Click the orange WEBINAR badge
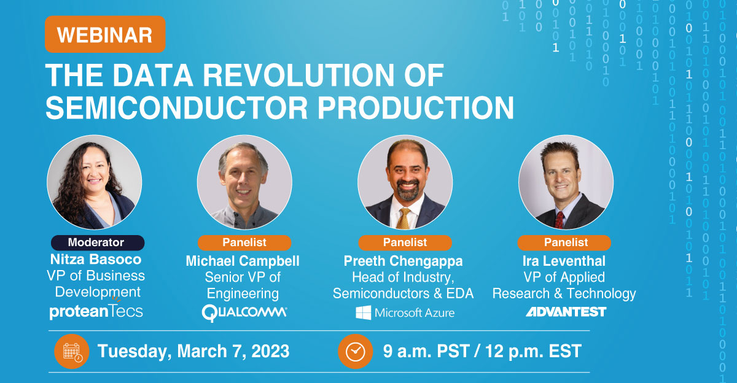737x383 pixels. tap(105, 34)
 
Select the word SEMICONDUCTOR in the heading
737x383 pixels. tap(177, 108)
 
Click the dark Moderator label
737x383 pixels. tap(98, 242)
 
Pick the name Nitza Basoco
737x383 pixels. tap(96, 260)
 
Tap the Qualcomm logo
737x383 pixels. tap(244, 312)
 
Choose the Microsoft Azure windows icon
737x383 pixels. tap(363, 312)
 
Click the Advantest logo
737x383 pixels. tap(566, 312)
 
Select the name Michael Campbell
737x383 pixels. tap(243, 261)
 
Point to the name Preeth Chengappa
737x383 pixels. tap(404, 261)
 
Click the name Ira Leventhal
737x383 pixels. tap(564, 261)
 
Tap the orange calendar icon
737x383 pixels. tap(72, 352)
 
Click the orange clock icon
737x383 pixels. tap(356, 352)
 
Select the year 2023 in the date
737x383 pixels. tap(270, 351)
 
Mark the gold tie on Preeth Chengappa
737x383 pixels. tap(403, 219)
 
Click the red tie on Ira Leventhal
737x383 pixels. tap(560, 220)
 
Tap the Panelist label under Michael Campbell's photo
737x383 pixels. tap(244, 242)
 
